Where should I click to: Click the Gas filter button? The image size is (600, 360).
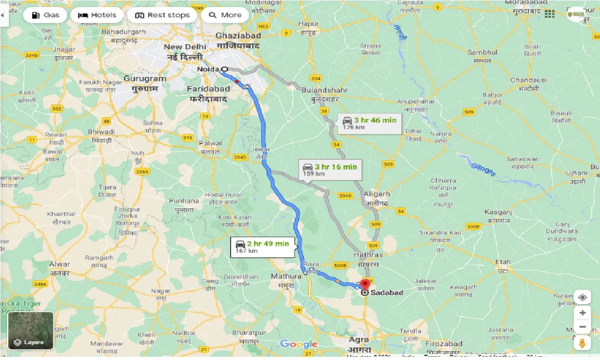pos(46,15)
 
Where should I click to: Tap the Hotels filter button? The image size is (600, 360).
pos(97,15)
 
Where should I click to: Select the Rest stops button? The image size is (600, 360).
pos(162,15)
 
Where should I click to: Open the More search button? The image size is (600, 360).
pos(225,15)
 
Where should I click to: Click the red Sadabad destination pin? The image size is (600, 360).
pos(365,284)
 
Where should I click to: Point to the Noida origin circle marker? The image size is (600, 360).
pos(225,69)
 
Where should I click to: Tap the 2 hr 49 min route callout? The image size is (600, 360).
pos(263,247)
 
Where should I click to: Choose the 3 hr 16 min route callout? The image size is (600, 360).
pos(330,170)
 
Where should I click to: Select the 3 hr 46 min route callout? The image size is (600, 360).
pos(370,123)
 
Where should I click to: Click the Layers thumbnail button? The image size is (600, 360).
pos(30,331)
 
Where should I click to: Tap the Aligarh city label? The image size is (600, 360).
pos(377,194)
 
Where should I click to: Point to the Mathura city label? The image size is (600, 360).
pos(286,277)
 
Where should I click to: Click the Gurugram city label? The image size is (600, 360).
pos(145,79)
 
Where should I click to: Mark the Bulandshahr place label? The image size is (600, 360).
pos(319,89)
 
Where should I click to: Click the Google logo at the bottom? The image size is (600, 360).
pos(299,345)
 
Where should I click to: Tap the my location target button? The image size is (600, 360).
pos(582,298)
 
